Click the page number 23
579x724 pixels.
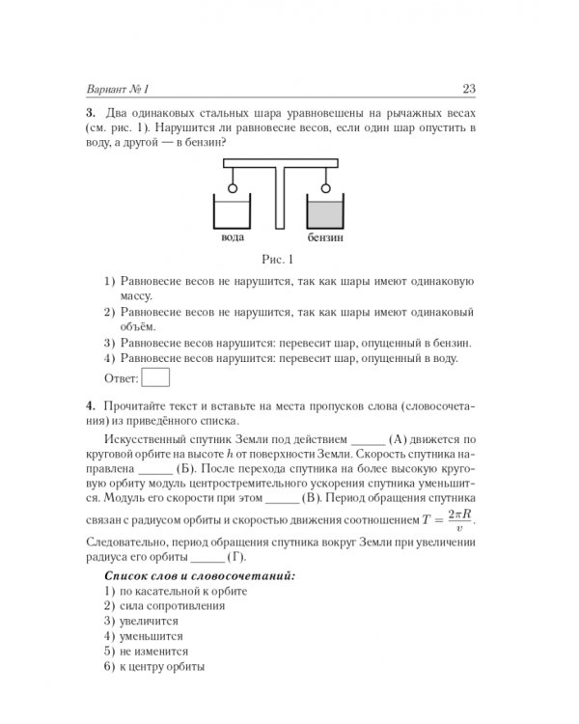[x=469, y=91]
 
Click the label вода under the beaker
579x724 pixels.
[x=233, y=237]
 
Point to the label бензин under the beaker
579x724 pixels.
[x=326, y=237]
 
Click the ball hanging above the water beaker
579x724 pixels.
[x=232, y=188]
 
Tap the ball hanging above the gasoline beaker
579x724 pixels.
[x=326, y=188]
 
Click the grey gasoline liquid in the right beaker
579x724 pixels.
[x=326, y=213]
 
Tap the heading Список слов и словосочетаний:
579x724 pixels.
[x=186, y=574]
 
